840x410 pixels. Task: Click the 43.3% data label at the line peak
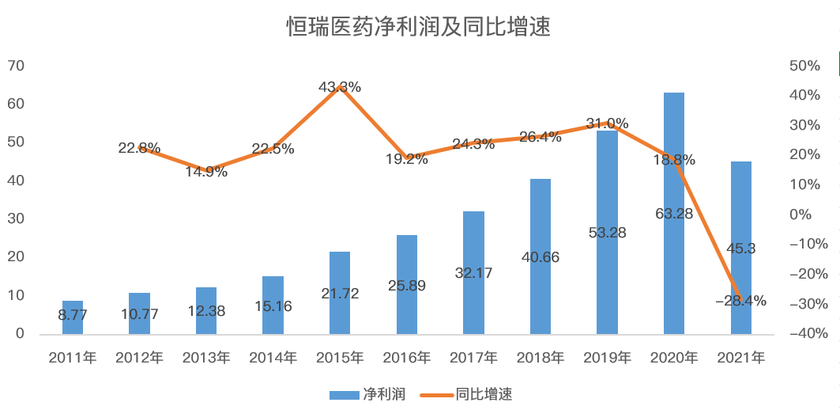pos(340,87)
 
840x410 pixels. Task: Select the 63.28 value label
pos(673,213)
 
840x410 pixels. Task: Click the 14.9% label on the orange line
pos(206,172)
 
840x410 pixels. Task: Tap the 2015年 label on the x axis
pos(340,358)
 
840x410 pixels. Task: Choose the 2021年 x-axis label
pos(740,358)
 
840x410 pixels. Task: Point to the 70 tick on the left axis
pos(15,66)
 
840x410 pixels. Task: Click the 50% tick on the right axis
pos(804,66)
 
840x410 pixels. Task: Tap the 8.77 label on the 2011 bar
pos(73,314)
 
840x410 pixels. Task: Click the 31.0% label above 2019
pos(607,123)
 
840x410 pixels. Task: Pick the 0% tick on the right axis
pos(800,214)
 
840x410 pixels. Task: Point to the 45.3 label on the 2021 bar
pos(740,249)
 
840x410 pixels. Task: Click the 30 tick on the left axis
pos(15,218)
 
